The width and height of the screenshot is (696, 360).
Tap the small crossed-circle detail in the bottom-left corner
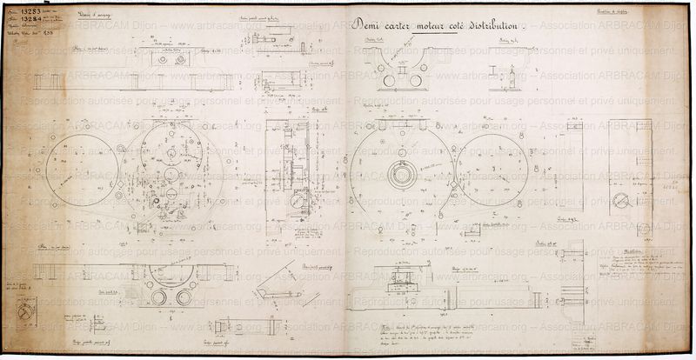(26, 309)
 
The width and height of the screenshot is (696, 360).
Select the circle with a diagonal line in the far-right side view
(620, 200)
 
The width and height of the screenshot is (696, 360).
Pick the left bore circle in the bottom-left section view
(159, 297)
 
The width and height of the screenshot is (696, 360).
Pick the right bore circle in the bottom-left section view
(184, 297)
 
